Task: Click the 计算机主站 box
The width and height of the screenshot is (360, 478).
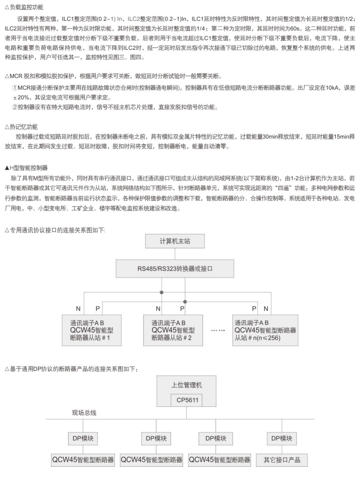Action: coord(174,241)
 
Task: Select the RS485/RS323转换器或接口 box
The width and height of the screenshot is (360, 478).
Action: coord(174,269)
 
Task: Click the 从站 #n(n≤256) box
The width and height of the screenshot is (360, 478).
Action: coord(265,330)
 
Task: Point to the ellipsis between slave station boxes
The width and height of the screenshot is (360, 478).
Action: coord(218,330)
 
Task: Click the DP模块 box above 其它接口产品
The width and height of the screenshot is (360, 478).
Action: coord(281,438)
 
